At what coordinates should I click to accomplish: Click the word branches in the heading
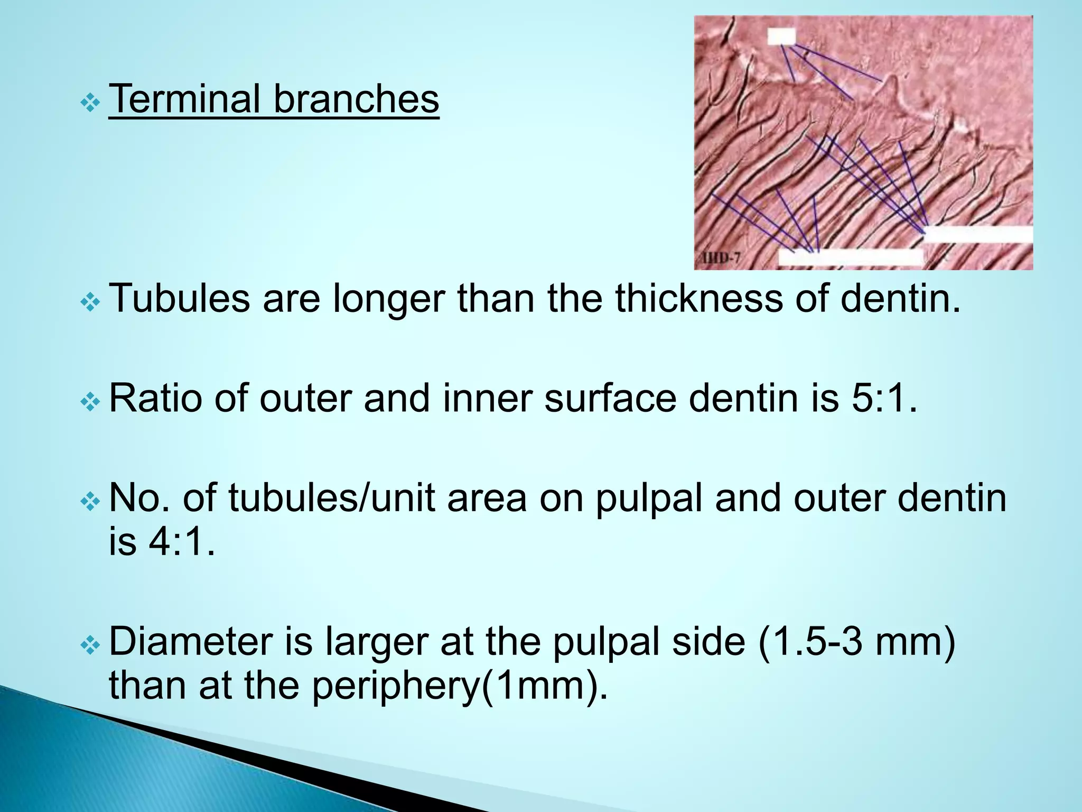click(x=356, y=99)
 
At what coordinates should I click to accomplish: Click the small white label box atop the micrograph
click(x=781, y=36)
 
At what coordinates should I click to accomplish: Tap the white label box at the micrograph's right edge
click(x=978, y=234)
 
